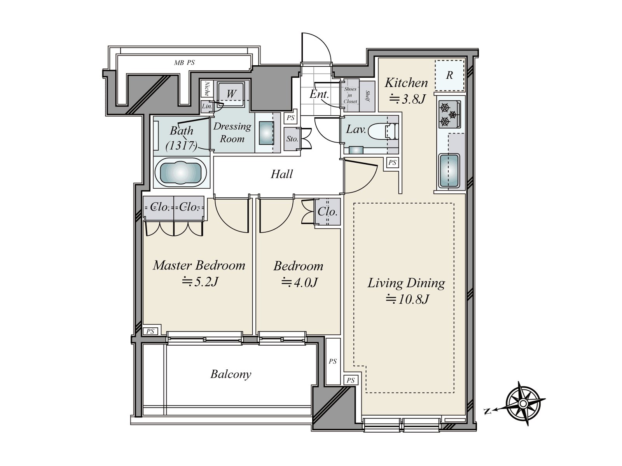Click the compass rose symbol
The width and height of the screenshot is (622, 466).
tap(524, 403)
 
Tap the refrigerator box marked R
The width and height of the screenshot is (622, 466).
tap(450, 75)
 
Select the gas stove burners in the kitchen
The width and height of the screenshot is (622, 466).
tap(449, 114)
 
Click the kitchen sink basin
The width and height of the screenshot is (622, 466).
tap(449, 171)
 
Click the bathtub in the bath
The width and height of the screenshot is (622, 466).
tap(182, 172)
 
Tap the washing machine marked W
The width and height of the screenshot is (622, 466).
tap(231, 94)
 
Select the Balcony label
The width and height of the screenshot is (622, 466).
tap(231, 374)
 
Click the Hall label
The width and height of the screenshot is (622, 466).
tap(282, 174)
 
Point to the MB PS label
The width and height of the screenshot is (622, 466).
tap(185, 63)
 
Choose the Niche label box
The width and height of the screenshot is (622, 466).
tap(207, 89)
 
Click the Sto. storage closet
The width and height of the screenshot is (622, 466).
tap(292, 139)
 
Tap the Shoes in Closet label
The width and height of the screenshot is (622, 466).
tap(350, 95)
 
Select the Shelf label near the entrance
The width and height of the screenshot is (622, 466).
tap(367, 96)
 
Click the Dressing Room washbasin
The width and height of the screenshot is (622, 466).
tap(267, 133)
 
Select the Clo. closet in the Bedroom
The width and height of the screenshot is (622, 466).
tap(328, 212)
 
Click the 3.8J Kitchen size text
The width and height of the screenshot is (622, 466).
tap(407, 99)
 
